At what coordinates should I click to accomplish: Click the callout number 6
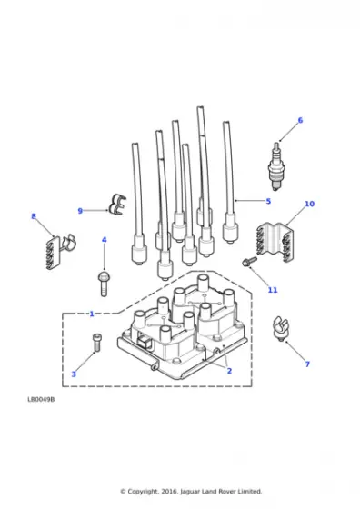pos(300,120)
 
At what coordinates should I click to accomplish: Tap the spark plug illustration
pos(276,166)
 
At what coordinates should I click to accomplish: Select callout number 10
pos(309,204)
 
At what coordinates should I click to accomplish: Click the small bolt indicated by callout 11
pos(249,262)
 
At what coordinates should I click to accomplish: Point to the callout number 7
pos(307,364)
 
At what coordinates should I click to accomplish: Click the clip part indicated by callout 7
pos(281,328)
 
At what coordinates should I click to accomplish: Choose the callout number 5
pos(268,201)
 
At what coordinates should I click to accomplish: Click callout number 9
pos(80,211)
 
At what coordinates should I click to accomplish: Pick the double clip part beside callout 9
pos(117,205)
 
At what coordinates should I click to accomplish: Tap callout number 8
pos(34,216)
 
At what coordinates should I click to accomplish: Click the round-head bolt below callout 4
pos(104,284)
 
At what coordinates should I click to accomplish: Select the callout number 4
pos(105,240)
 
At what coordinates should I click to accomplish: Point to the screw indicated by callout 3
pos(97,343)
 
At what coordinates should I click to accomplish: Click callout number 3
pos(74,374)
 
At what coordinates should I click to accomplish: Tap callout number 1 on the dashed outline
pos(92,314)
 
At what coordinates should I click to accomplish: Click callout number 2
pos(229,371)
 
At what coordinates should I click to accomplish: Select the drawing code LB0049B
pos(41,400)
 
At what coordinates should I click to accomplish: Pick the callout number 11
pos(273,290)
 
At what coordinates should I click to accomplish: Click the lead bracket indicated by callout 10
pos(275,242)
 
